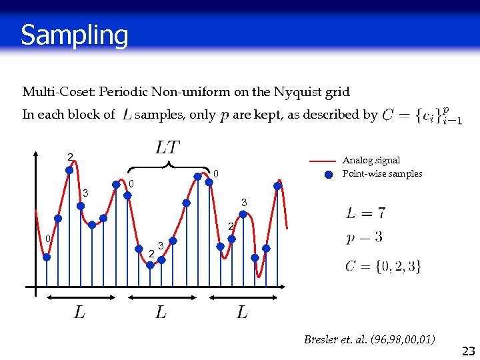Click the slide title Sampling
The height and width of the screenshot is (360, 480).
pos(74,35)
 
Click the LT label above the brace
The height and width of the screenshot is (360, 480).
pos(167,146)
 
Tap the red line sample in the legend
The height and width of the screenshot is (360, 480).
pos(323,161)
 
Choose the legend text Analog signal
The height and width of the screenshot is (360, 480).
pos(371,160)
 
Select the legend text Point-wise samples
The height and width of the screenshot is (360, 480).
pos(382,174)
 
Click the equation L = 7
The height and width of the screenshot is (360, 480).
pos(365,213)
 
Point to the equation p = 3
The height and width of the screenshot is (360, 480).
pos(364,238)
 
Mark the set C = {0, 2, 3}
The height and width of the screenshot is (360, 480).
pos(383,266)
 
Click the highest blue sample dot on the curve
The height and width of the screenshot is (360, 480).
pos(69,170)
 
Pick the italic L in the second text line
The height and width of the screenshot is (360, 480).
pos(126,115)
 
